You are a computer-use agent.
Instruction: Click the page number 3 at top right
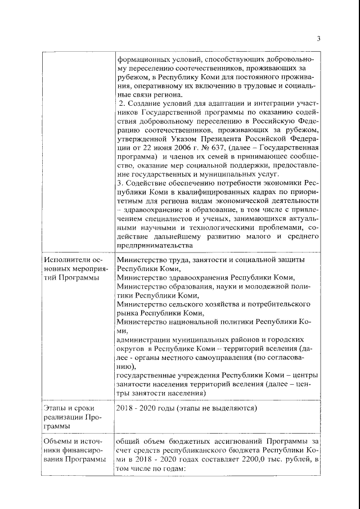pyautogui.click(x=318, y=39)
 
